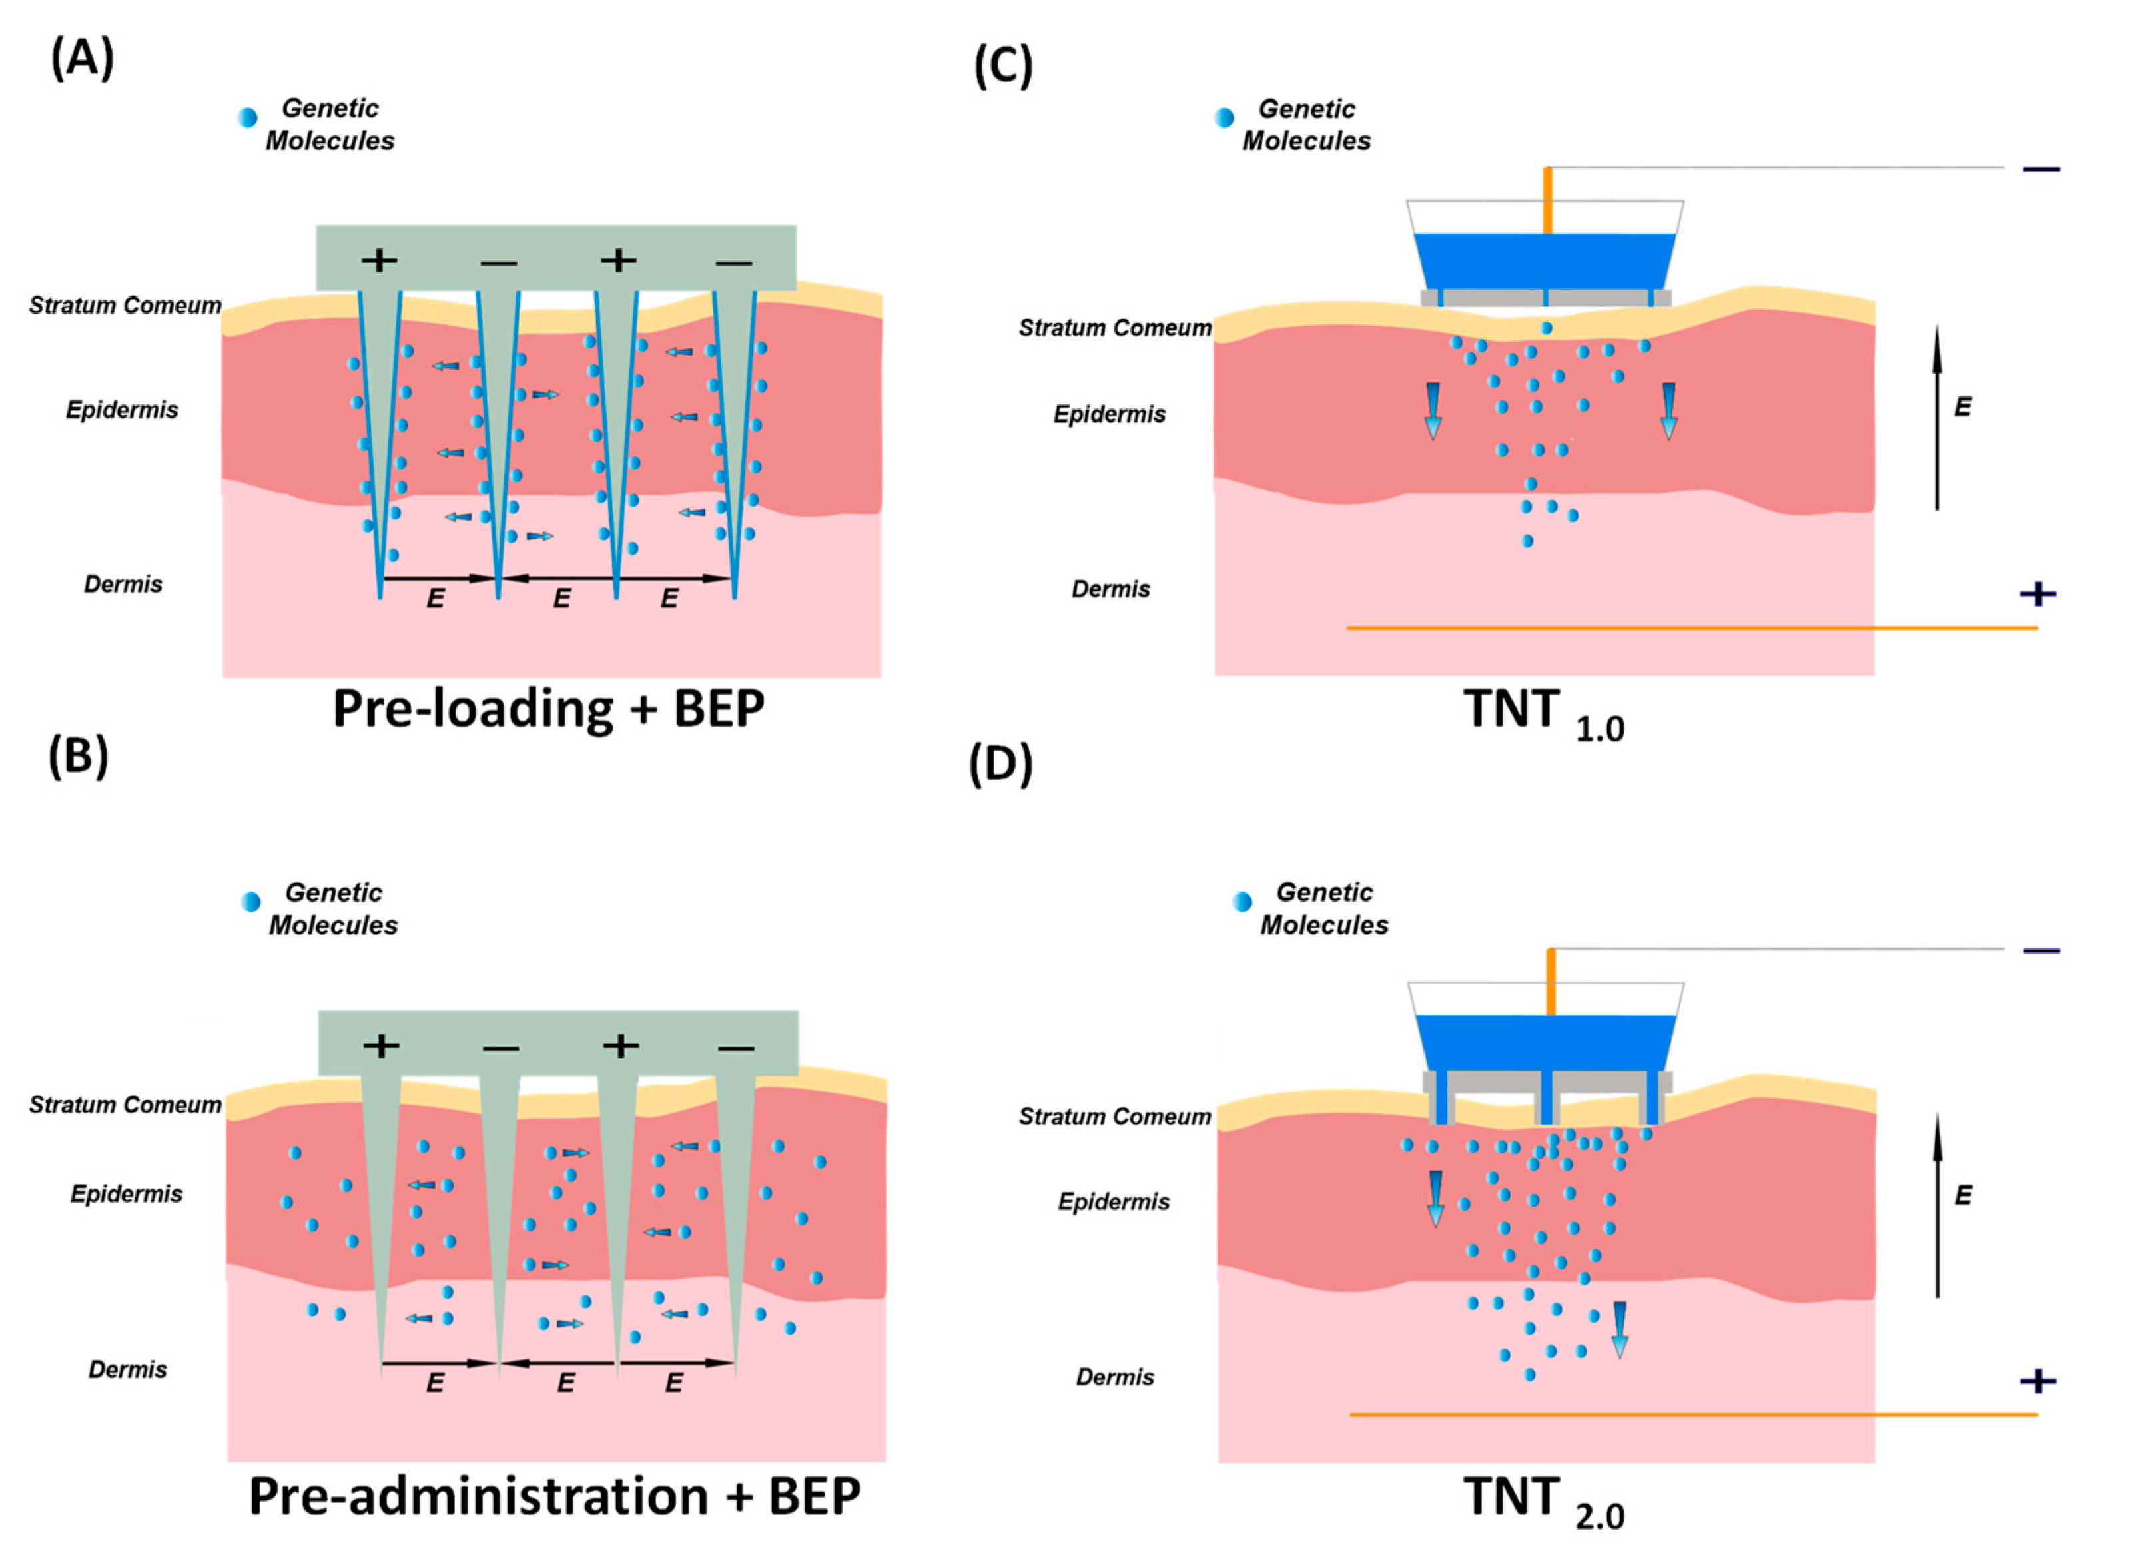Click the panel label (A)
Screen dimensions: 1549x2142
tap(82, 58)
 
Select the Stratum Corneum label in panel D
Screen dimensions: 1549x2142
tap(1114, 1116)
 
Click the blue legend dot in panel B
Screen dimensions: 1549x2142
tap(250, 902)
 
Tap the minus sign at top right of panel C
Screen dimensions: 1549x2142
tap(2041, 170)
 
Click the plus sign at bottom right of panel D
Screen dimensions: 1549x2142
tap(2037, 1381)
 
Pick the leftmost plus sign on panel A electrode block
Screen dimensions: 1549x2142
tap(379, 260)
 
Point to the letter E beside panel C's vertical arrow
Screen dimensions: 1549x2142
tap(1963, 407)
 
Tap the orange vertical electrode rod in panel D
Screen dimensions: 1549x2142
tap(1550, 982)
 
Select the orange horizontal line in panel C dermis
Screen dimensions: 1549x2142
tap(1690, 627)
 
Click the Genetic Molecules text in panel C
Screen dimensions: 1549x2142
tap(1305, 125)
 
